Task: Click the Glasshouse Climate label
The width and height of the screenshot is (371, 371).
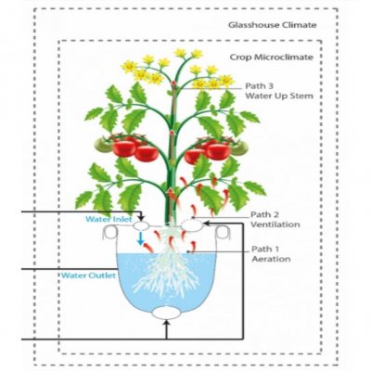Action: tap(273, 25)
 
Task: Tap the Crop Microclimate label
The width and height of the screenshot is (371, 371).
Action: tap(271, 58)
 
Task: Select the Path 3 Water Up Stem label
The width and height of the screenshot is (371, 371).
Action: tap(279, 91)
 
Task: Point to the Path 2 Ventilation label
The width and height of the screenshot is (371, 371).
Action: tap(275, 219)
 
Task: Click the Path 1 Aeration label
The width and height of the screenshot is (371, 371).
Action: tap(271, 253)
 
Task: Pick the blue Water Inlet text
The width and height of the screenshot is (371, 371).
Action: tap(109, 219)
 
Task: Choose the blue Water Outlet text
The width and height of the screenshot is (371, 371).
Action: tap(88, 275)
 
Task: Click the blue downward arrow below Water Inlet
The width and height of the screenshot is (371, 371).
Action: tap(141, 238)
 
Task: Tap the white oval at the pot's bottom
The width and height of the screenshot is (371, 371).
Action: tap(166, 313)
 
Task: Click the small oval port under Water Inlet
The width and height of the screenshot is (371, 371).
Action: tap(141, 225)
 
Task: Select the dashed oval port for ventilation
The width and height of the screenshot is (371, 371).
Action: tap(192, 224)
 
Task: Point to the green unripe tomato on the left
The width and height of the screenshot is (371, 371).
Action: tap(103, 145)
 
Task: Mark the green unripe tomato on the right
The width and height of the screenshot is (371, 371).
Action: tap(239, 147)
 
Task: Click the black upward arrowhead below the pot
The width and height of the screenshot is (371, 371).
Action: tap(166, 324)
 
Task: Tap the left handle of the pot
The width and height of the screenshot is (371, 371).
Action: tap(110, 232)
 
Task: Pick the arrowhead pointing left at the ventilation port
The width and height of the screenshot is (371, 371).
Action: tap(207, 223)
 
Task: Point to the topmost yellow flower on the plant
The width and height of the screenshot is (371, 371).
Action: tap(180, 53)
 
